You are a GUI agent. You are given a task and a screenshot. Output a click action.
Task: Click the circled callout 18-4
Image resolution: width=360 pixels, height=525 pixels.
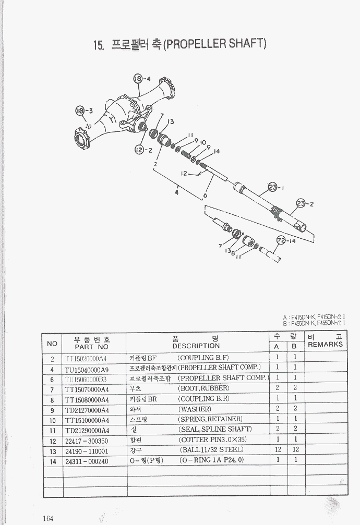138,79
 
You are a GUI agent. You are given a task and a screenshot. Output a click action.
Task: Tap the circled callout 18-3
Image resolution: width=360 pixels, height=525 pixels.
80,111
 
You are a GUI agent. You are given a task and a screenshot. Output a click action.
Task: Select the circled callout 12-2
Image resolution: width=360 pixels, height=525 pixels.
139,150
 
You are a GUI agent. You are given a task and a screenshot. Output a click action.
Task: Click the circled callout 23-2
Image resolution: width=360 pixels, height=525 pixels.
301,203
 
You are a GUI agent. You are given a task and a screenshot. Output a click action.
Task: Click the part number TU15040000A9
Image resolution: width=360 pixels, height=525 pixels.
87,369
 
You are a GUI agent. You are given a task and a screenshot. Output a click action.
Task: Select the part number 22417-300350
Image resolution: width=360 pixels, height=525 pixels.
87,441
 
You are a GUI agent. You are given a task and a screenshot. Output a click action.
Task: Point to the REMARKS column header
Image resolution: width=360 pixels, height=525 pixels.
325,345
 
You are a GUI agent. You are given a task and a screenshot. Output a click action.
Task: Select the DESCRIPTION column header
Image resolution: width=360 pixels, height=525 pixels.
196,345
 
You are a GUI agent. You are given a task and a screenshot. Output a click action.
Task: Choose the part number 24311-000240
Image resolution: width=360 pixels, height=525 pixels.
87,461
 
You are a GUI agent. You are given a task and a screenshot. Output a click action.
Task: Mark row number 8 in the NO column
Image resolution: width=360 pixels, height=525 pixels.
53,400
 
